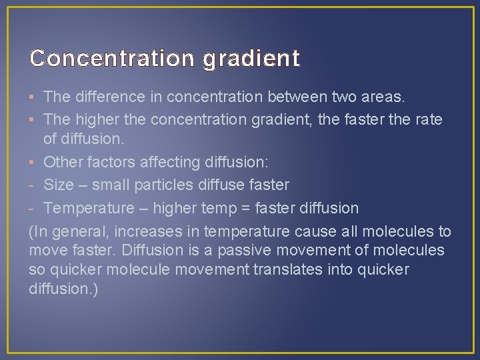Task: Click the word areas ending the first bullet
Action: (x=381, y=97)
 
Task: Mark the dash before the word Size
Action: (x=32, y=185)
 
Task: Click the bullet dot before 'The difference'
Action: (x=33, y=97)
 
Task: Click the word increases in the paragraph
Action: (x=143, y=231)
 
